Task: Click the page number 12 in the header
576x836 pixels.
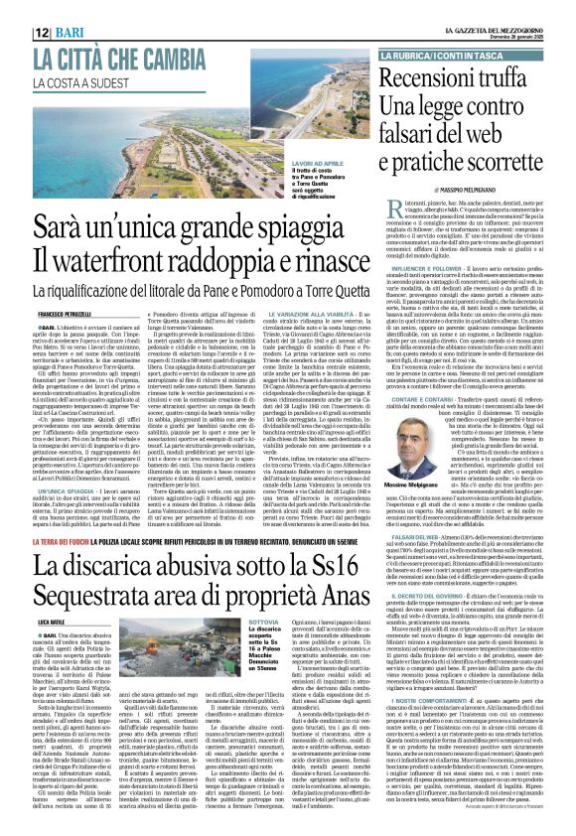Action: click(16, 33)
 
